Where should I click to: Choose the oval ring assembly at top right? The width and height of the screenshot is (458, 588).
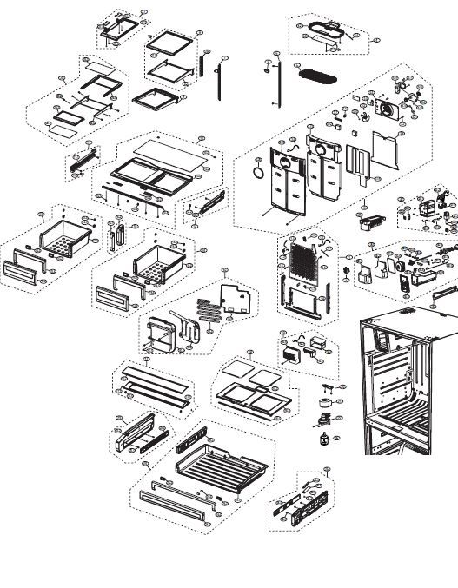coord(326,33)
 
